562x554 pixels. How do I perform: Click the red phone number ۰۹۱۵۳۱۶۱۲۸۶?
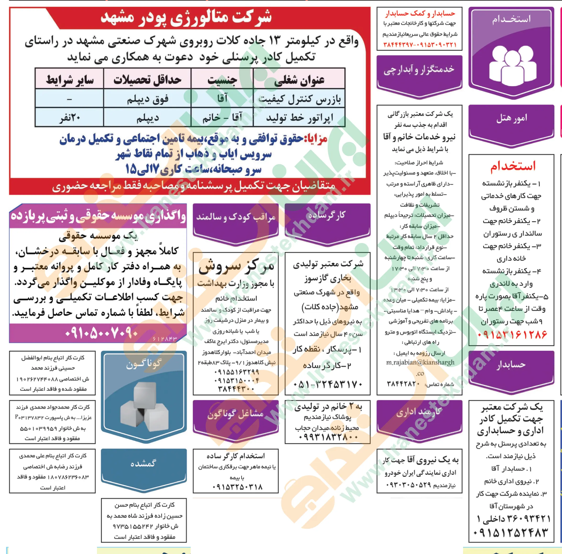click(512, 335)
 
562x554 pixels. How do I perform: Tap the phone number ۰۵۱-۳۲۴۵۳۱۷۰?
click(328, 384)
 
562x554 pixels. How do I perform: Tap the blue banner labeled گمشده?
click(144, 463)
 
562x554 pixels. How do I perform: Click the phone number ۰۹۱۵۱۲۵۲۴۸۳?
click(511, 533)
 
